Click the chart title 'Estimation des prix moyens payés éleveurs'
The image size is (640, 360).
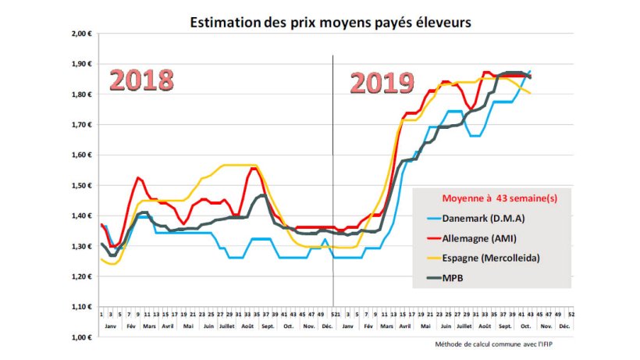332,23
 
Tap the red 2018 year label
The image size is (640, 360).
141,81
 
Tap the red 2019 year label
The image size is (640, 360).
382,83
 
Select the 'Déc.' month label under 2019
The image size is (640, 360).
564,324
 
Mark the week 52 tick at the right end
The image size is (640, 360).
573,313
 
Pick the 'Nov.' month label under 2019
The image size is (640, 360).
545,324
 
